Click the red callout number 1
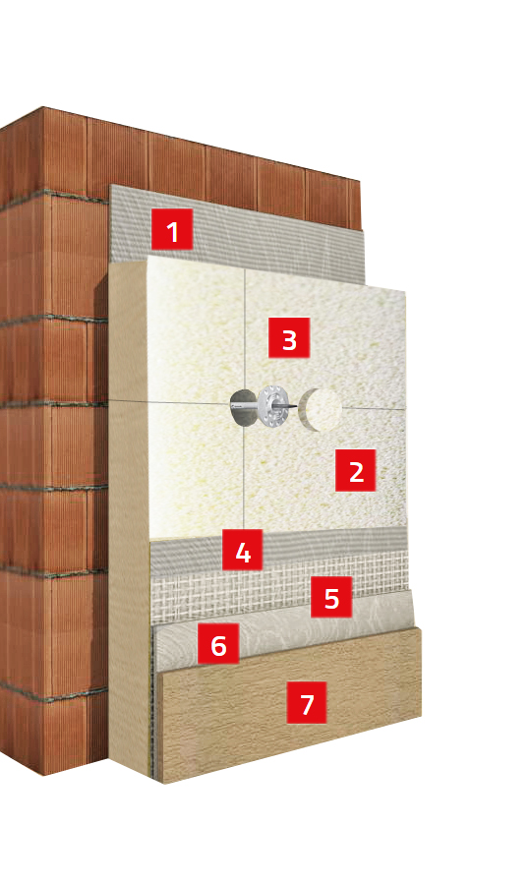tap(172, 229)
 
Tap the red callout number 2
tap(356, 470)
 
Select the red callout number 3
tap(289, 337)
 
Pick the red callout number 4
tap(242, 550)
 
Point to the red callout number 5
tap(331, 597)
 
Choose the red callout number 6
tap(218, 643)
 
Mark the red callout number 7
tap(307, 703)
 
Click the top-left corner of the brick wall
tap(43, 107)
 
